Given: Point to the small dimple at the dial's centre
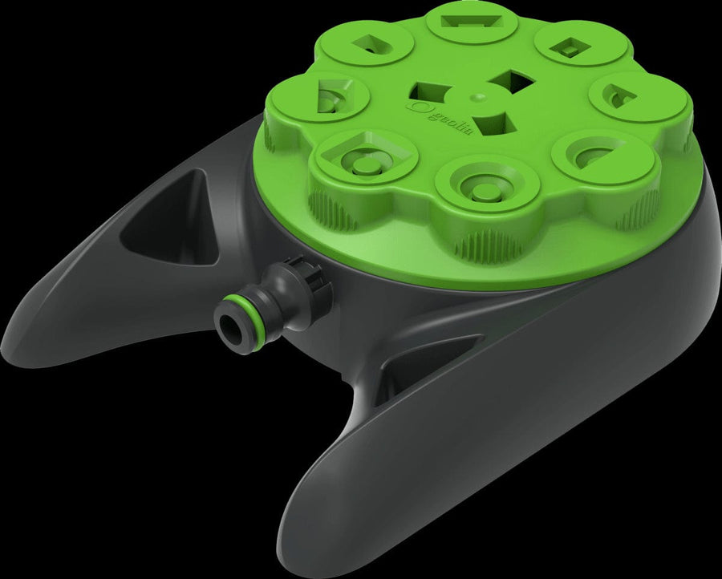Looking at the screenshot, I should click(x=479, y=97).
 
